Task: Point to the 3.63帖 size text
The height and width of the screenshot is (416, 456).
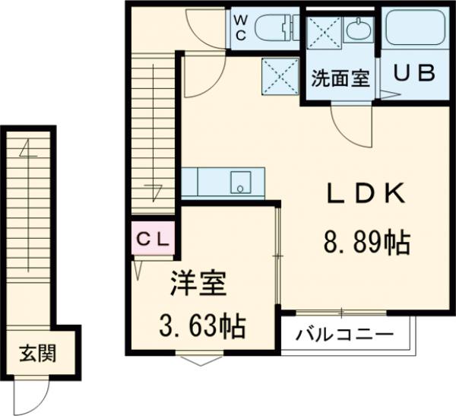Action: click(x=201, y=328)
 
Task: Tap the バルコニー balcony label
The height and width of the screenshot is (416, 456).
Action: click(x=345, y=335)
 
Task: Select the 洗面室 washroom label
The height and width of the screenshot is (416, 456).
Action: click(x=340, y=78)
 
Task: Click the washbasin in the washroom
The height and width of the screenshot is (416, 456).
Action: click(x=356, y=32)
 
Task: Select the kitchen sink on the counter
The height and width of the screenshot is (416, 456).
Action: click(x=241, y=183)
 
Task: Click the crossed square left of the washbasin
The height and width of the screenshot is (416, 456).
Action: click(x=322, y=32)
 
